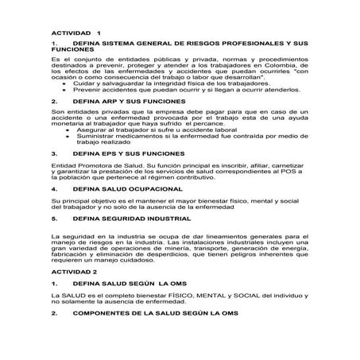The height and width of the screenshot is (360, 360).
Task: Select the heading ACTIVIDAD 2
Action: (74, 272)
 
